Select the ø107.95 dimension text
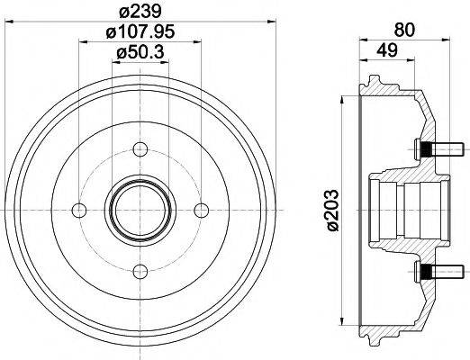click(140, 33)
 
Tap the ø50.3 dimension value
click(140, 55)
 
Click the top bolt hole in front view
click(140, 149)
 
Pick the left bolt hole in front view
click(79, 210)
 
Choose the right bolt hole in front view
click(200, 210)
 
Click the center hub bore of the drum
click(140, 210)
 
